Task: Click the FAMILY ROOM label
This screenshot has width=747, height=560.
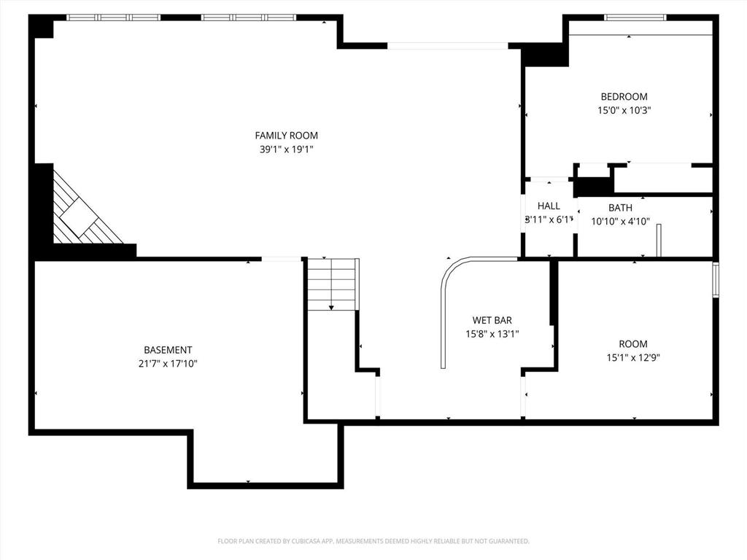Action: point(286,135)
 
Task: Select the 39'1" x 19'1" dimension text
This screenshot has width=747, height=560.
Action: point(286,149)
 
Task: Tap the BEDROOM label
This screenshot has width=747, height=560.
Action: point(624,96)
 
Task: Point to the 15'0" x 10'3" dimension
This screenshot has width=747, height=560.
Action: point(624,111)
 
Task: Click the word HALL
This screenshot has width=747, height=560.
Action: point(549,206)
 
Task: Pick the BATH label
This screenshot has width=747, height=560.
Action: point(620,208)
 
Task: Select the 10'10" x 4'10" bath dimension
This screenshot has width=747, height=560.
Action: point(620,222)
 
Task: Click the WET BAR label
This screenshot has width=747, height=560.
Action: point(492,320)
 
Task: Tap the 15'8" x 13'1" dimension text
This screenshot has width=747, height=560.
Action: point(492,334)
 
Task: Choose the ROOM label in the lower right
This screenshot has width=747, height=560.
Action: point(632,343)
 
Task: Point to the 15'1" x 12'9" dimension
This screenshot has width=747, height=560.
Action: point(632,357)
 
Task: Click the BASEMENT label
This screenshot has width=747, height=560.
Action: point(168,350)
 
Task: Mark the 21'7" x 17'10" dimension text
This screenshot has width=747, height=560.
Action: point(168,363)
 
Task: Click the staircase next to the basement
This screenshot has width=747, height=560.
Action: point(331,284)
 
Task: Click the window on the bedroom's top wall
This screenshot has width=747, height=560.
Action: point(635,17)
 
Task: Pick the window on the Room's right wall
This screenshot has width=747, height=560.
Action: point(716,280)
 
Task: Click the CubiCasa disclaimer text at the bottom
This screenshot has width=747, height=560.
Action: point(373,541)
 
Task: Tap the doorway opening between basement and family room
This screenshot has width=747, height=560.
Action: point(282,259)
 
